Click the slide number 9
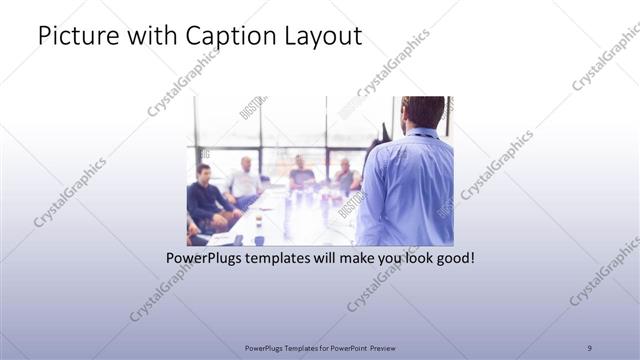tap(590, 347)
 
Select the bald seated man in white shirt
tap(244, 180)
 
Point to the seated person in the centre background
tap(300, 173)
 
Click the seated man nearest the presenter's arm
tap(346, 175)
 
